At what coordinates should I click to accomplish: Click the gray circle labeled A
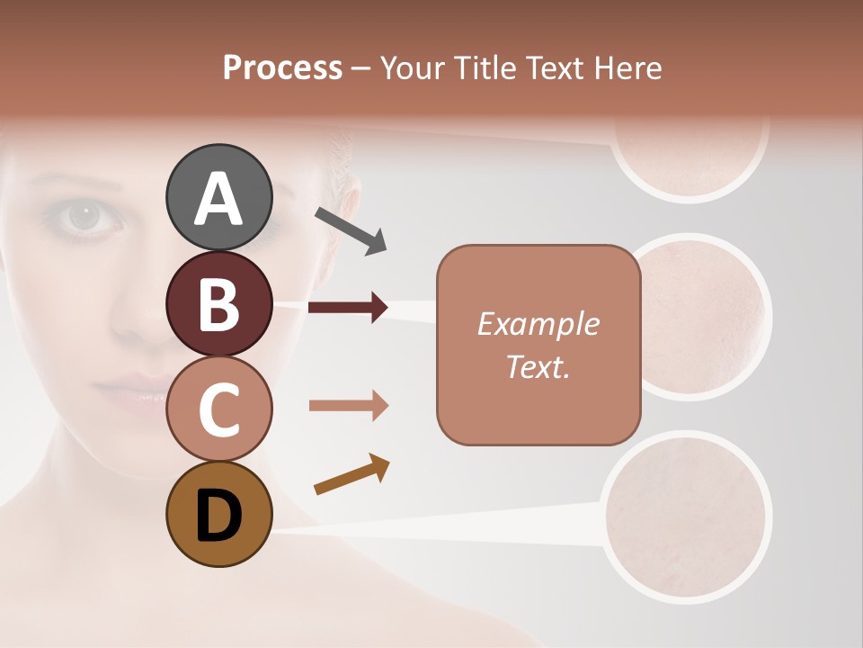click(218, 197)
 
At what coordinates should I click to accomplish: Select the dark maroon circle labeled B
click(218, 303)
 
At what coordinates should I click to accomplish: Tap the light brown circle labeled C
click(218, 409)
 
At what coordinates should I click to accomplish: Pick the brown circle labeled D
click(218, 514)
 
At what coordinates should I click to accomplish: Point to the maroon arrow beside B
click(348, 308)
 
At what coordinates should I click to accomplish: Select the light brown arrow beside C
click(348, 406)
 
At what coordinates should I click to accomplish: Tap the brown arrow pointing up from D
click(351, 474)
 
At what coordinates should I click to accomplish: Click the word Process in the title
click(282, 67)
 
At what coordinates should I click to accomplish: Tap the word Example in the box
click(538, 324)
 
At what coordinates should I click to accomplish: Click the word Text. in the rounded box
click(538, 366)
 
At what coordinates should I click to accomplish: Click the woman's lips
click(121, 391)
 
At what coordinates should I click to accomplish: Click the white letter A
click(218, 198)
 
